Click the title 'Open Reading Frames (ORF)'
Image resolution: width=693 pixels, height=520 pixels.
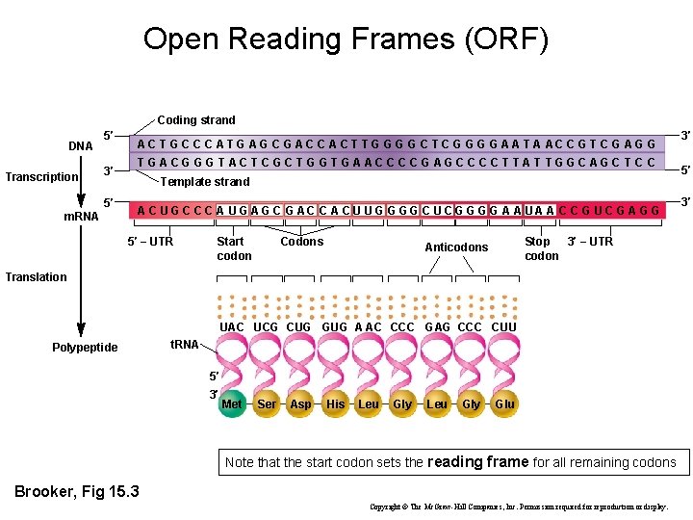(346, 39)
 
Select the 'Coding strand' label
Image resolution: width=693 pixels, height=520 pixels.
(196, 120)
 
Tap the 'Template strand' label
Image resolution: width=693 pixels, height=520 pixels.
(204, 182)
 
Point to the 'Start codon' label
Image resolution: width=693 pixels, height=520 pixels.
(234, 248)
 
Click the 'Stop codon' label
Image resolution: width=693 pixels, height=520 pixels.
(541, 248)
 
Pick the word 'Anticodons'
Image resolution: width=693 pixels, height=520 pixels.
(456, 247)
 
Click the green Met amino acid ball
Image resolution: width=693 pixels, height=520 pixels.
(232, 404)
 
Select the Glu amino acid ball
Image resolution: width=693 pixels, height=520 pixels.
(504, 404)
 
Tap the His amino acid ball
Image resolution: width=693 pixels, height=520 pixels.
(335, 404)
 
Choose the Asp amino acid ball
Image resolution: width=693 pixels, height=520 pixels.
(300, 404)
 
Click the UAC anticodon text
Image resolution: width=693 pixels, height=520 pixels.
(232, 327)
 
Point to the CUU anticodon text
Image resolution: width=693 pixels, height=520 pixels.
(503, 327)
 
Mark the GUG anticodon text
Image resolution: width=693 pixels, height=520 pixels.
(334, 327)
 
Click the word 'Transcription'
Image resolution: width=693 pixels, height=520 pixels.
(41, 176)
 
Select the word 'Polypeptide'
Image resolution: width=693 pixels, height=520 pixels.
(85, 348)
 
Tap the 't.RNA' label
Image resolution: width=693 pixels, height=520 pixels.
(184, 344)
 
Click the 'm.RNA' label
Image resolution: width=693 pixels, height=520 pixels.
(81, 217)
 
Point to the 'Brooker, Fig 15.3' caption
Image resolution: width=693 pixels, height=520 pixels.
(77, 492)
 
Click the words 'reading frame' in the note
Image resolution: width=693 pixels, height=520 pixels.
(477, 462)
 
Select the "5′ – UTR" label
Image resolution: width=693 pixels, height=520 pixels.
(151, 242)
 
